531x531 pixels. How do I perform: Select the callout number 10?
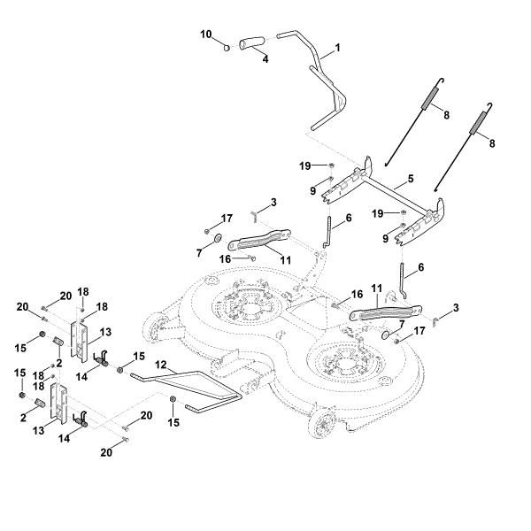[x=205, y=35]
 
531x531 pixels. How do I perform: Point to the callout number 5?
[x=412, y=180]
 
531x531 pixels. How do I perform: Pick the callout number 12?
[x=160, y=364]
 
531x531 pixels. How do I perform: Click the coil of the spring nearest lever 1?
[x=432, y=95]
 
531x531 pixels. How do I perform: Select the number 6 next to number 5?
[x=347, y=218]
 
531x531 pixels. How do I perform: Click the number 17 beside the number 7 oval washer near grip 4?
[x=227, y=218]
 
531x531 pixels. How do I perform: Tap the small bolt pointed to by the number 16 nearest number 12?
[x=254, y=258]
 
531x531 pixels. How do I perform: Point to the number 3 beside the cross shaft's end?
[x=456, y=307]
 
